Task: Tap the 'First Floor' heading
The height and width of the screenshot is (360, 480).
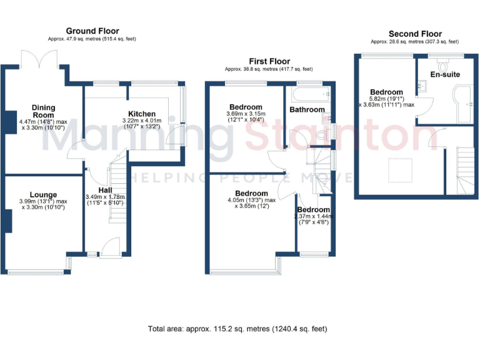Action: [x=269, y=61]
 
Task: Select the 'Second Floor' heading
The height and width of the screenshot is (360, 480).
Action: [x=415, y=34]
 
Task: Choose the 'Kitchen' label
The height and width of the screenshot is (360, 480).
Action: [x=142, y=114]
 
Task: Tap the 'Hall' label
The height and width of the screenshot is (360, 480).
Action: [x=105, y=190]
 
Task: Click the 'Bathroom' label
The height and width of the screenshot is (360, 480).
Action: [x=306, y=109]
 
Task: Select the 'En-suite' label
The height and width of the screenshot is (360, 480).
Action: [x=445, y=74]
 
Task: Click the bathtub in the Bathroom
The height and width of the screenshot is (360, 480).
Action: [x=307, y=94]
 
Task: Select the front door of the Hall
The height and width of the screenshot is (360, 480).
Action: [x=109, y=249]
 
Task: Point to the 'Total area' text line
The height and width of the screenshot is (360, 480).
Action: [x=237, y=328]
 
